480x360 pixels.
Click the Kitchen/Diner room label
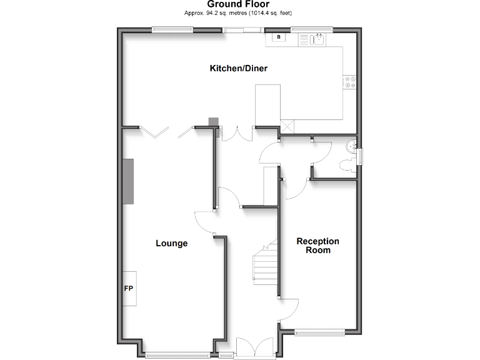238,68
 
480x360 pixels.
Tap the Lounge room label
171,243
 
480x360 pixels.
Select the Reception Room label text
318,246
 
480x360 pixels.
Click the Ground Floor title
238,4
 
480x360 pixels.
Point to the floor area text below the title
238,12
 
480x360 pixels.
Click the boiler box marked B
277,37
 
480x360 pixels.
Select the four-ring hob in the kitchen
349,82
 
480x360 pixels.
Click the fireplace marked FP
129,289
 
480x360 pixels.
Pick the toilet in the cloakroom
346,164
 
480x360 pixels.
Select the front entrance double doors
255,347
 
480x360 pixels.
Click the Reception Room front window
319,332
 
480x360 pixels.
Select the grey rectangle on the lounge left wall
129,181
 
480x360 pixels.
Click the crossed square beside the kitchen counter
287,124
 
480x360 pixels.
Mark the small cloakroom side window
359,157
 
